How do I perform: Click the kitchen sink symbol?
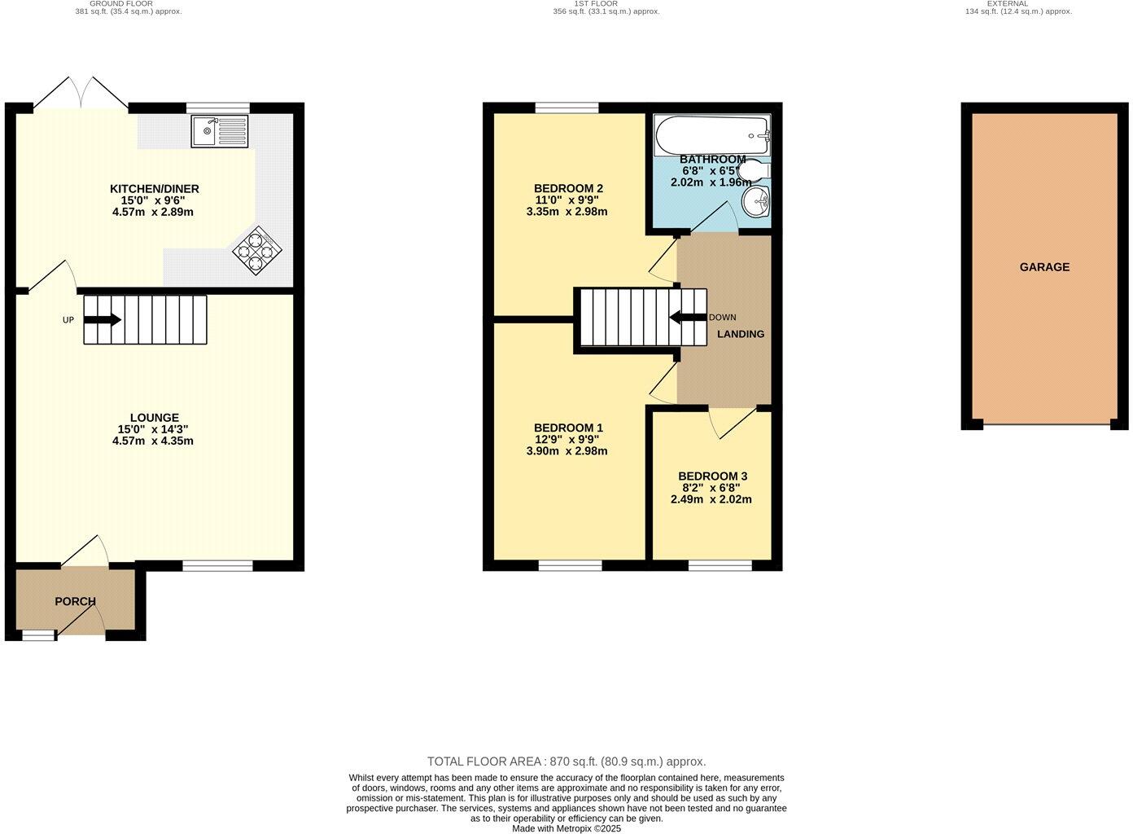220,131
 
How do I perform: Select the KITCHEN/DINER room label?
154,189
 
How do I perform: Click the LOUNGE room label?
154,418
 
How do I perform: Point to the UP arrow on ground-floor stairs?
102,320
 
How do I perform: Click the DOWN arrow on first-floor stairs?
687,318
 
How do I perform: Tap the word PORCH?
75,601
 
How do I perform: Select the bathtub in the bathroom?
711,130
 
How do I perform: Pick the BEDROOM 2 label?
568,188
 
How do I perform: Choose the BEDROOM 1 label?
568,428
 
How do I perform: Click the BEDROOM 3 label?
712,476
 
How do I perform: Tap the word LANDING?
740,334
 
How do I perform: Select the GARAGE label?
1044,267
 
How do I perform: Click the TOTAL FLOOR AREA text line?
566,762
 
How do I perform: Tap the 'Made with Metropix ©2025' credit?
566,828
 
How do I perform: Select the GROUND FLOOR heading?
121,4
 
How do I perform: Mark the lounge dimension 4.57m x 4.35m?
154,441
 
